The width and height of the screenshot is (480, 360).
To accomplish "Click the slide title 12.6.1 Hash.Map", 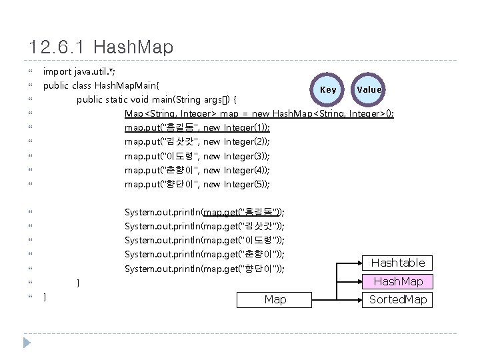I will click(x=101, y=47).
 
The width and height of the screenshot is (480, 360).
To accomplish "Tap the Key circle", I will click(x=328, y=89).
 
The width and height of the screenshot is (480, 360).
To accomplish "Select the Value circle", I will click(x=369, y=89).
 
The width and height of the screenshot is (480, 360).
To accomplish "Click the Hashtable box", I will click(x=397, y=263).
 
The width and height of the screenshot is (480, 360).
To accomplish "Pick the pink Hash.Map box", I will click(x=397, y=281).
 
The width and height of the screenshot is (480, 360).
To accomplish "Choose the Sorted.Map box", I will click(x=397, y=299).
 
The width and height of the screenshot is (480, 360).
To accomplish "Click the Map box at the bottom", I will click(x=275, y=299).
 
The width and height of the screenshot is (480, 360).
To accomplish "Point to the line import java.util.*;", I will click(x=83, y=71).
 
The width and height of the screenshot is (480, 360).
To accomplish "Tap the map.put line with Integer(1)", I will click(x=197, y=127).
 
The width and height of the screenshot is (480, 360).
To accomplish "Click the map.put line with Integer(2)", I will click(x=197, y=141).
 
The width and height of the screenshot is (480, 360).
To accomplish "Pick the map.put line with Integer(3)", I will click(x=197, y=156).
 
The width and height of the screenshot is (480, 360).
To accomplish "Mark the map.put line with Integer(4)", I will click(x=197, y=170).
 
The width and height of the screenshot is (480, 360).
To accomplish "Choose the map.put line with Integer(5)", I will click(x=197, y=184).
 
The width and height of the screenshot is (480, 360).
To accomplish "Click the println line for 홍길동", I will click(x=205, y=212).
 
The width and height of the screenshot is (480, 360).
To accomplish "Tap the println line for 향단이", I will click(x=205, y=269).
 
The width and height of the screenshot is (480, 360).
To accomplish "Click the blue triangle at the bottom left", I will click(x=27, y=343).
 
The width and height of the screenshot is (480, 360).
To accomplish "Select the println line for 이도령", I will click(x=205, y=240).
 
